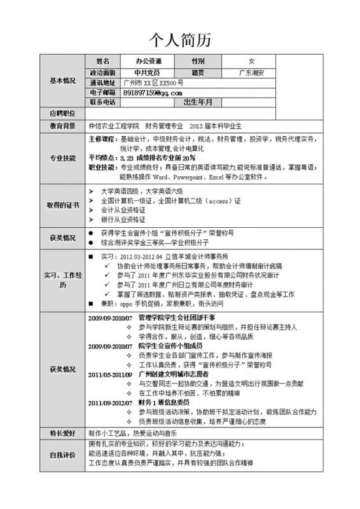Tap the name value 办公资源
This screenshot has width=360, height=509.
[148, 61]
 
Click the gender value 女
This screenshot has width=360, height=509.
[251, 61]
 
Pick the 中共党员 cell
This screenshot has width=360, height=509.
[148, 72]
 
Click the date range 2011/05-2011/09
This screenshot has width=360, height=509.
[109, 376]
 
